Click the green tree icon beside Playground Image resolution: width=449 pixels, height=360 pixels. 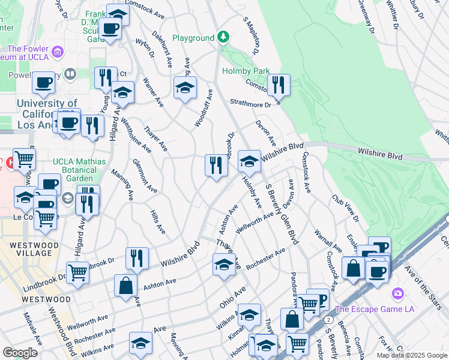223,38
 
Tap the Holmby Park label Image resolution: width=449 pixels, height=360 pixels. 246,71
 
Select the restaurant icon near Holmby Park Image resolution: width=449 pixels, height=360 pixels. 279,84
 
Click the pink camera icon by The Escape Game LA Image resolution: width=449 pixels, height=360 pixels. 397,294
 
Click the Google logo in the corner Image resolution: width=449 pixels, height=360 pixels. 20,353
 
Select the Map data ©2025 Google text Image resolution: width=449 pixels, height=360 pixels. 412,355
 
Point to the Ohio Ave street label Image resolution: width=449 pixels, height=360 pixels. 233,297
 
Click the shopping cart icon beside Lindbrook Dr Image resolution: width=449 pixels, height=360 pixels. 78,272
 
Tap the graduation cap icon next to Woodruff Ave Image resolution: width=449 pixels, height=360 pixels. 185,87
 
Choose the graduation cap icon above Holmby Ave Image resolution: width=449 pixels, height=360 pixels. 249,161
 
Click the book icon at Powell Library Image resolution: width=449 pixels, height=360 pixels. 70,74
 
